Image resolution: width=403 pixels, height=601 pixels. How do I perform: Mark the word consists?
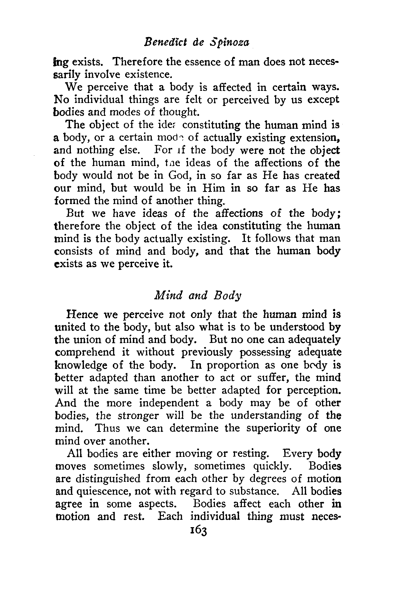tap(78, 251)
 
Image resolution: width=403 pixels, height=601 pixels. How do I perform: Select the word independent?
tap(169, 403)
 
